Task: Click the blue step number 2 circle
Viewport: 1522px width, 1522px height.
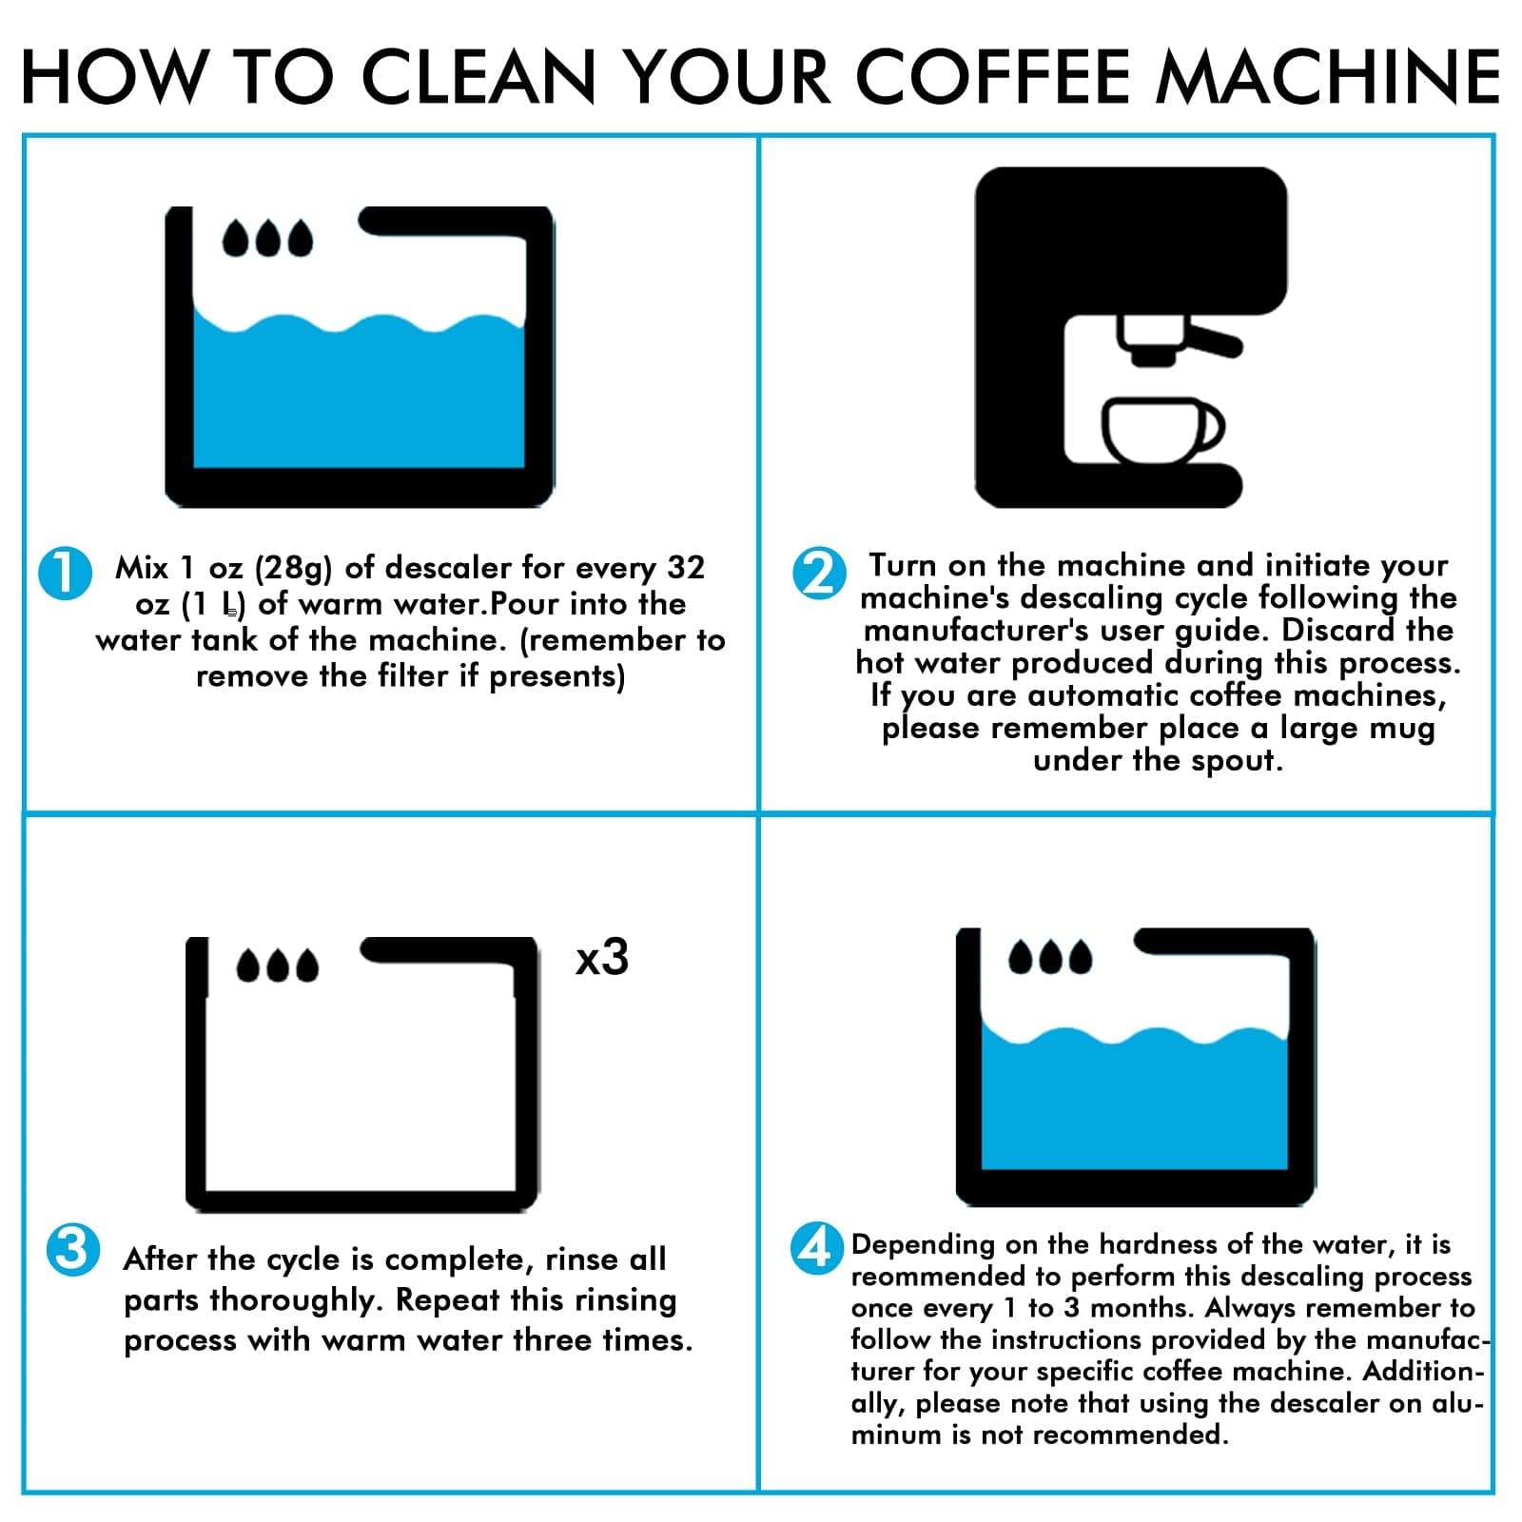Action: (818, 573)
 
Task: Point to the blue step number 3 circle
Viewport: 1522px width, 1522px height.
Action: (73, 1249)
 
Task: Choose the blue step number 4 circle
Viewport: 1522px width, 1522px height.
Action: (817, 1249)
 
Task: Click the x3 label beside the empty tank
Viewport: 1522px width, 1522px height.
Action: (602, 957)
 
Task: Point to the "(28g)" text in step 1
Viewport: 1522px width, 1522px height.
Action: (294, 568)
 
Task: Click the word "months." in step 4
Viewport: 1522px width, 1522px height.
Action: (1141, 1308)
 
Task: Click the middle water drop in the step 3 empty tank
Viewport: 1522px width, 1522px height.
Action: (277, 965)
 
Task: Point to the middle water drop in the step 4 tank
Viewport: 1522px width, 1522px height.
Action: (1050, 957)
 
